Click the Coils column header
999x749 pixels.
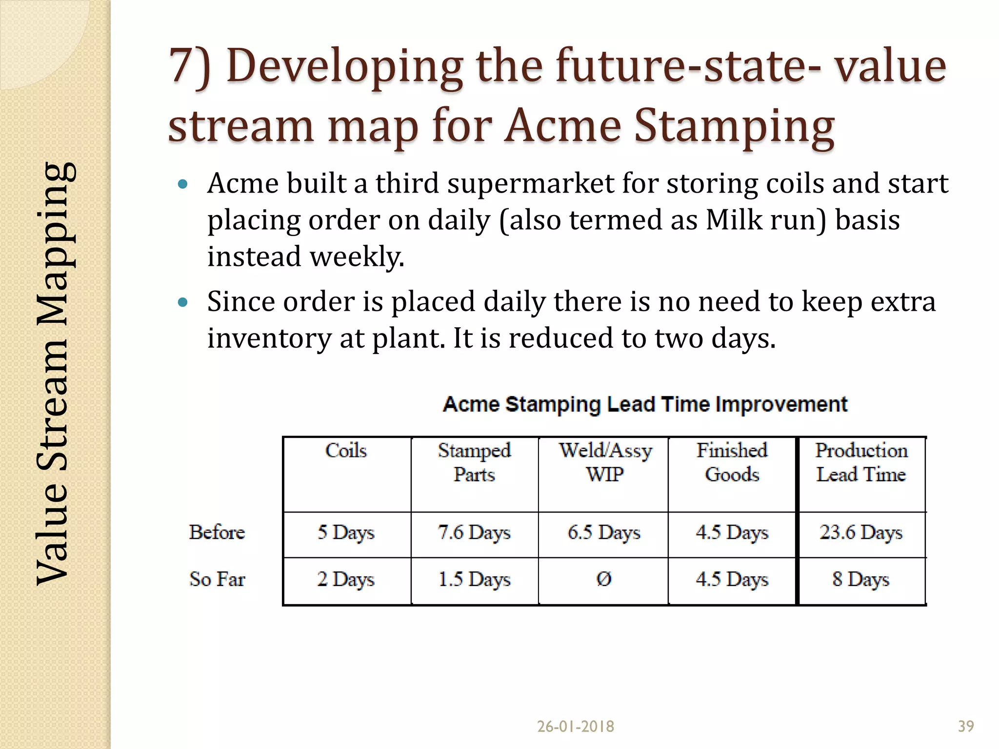(346, 451)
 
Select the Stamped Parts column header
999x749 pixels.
(474, 462)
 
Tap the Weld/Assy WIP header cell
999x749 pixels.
(605, 462)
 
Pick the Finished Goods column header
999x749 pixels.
(732, 462)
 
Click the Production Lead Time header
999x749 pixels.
(861, 462)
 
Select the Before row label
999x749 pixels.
(217, 532)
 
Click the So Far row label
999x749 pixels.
(217, 579)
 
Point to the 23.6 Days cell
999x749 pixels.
(861, 532)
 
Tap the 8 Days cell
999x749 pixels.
(861, 580)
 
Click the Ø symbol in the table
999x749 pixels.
(604, 579)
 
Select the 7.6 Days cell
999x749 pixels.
(474, 532)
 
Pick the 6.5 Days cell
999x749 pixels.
(604, 532)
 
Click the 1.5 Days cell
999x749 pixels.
(474, 580)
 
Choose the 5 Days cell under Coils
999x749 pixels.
(346, 532)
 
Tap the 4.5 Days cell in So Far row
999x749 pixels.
(732, 580)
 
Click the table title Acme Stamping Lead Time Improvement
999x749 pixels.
(645, 405)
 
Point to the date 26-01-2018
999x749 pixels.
(576, 727)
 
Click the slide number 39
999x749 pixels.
(966, 727)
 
